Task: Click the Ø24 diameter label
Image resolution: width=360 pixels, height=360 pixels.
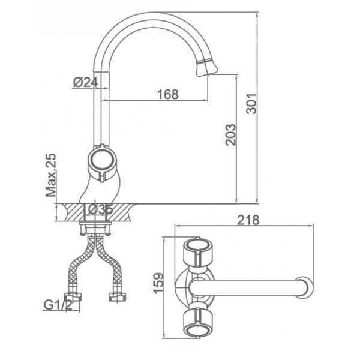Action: click(x=85, y=82)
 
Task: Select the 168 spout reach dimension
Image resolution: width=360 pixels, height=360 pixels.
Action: click(x=168, y=94)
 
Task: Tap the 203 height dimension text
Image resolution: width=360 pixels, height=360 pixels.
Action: click(x=230, y=135)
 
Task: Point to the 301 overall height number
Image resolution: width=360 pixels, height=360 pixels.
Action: click(x=251, y=104)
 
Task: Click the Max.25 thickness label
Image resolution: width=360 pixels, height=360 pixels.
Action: click(x=51, y=175)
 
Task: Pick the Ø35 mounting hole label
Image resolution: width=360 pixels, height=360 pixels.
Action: click(x=100, y=209)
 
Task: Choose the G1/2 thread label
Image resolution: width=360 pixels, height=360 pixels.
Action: click(x=58, y=305)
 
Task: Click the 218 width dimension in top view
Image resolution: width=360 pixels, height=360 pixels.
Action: click(x=248, y=220)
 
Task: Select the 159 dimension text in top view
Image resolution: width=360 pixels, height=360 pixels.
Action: click(x=158, y=283)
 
